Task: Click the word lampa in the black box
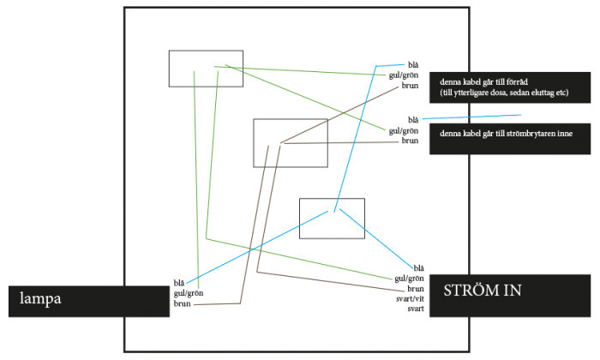click(40, 298)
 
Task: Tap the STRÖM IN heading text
click(483, 291)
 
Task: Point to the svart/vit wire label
click(410, 298)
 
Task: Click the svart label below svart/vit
click(416, 309)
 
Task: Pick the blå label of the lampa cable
click(178, 283)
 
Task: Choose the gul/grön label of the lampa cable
click(189, 293)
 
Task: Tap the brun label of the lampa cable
click(182, 303)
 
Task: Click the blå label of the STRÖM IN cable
click(418, 268)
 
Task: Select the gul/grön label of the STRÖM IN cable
click(409, 279)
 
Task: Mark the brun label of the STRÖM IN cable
click(416, 289)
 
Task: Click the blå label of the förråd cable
click(413, 65)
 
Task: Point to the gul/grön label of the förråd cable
click(404, 75)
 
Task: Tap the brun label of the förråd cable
click(410, 86)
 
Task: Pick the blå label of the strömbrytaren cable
click(413, 120)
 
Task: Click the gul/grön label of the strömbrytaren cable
click(404, 131)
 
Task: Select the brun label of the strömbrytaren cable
click(410, 141)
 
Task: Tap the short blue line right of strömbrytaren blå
click(471, 117)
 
